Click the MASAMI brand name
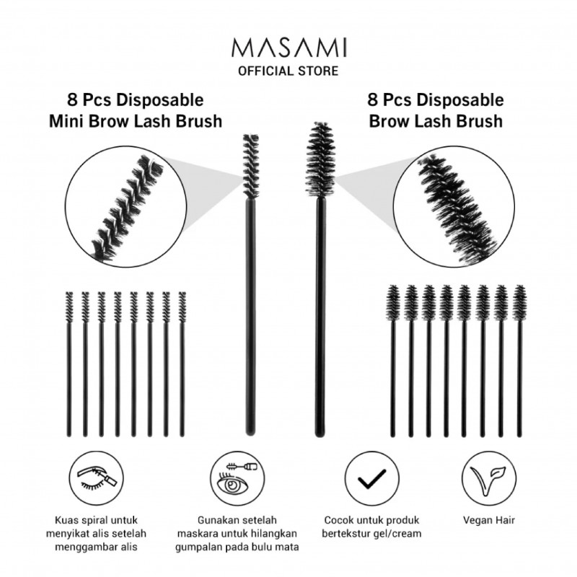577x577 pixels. [x=289, y=48]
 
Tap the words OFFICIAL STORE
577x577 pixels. [x=288, y=71]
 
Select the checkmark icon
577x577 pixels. [x=371, y=479]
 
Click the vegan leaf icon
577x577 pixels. [x=489, y=479]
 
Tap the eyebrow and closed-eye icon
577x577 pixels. [x=97, y=479]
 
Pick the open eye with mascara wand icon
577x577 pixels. [x=237, y=479]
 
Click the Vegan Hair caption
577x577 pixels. [x=489, y=520]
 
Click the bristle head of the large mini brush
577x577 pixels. [x=251, y=166]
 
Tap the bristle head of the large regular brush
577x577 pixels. [x=321, y=159]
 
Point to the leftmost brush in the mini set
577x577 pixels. [x=69, y=364]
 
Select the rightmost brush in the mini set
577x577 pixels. [x=182, y=364]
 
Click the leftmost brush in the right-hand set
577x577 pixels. [x=393, y=361]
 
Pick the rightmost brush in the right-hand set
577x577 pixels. [x=519, y=361]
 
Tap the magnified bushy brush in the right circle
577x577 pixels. [x=457, y=208]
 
